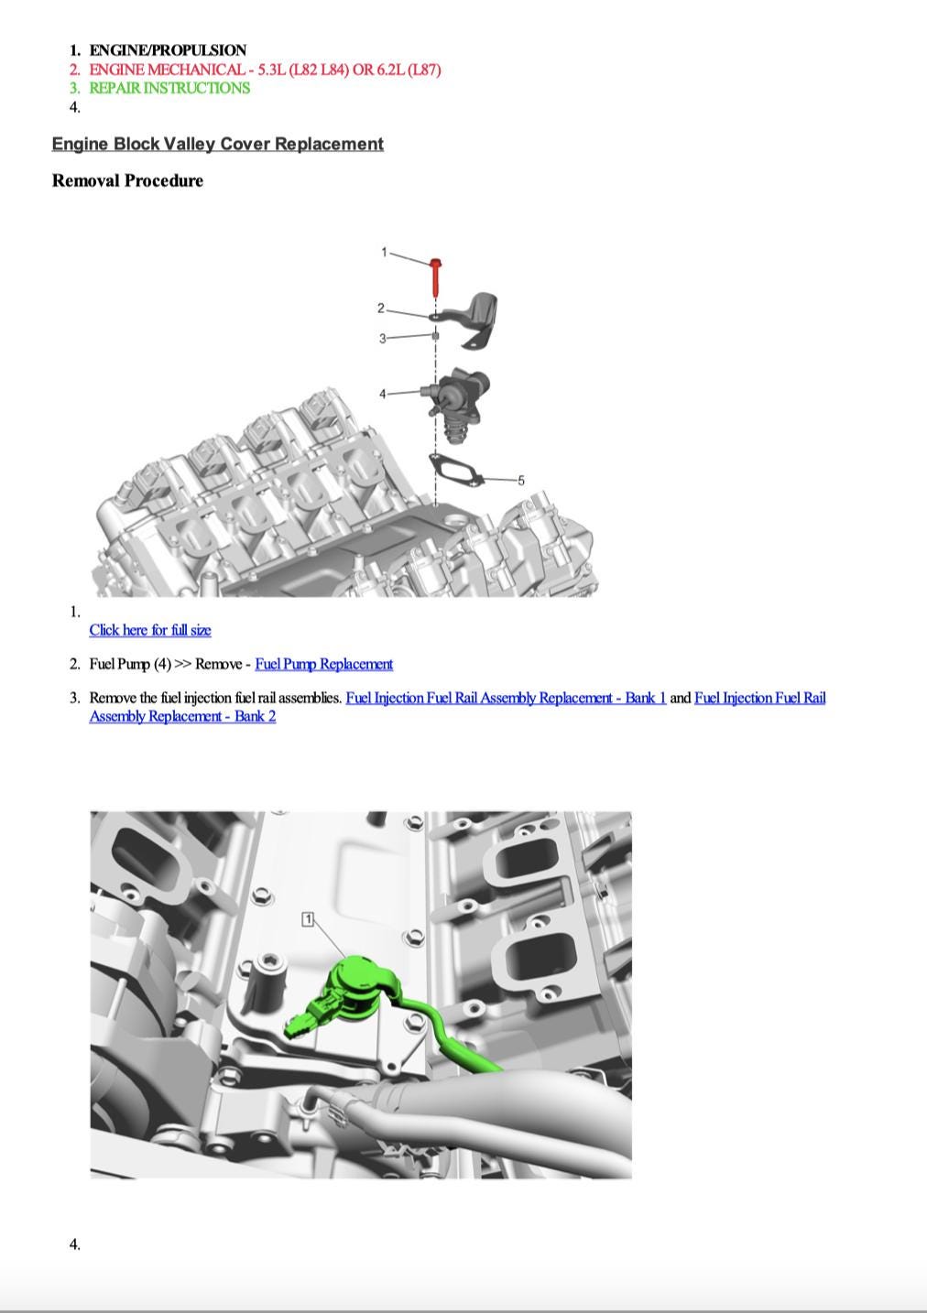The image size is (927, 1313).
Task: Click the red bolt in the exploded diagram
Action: pos(436,277)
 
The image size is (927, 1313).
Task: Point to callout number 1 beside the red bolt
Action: pos(384,252)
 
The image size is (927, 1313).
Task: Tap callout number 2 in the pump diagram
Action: pos(381,309)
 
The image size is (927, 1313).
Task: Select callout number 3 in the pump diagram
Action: pos(382,339)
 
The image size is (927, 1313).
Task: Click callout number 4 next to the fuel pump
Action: pos(382,394)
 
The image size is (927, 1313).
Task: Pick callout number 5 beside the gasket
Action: pos(521,481)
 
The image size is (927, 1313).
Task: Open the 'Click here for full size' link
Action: pos(150,630)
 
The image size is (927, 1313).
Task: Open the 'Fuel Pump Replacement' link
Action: pos(323,664)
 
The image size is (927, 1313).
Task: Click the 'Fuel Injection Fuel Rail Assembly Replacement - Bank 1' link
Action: pos(506,698)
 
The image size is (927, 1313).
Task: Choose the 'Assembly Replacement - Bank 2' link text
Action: pos(182,716)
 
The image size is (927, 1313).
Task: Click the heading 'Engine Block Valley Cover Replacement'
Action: pos(217,144)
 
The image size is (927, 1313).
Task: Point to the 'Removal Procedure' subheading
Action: pos(127,180)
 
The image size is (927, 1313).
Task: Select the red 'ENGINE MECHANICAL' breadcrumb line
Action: pos(265,70)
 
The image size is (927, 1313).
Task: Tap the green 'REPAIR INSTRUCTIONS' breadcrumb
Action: pos(169,88)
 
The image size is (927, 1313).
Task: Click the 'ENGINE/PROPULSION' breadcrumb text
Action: pos(168,50)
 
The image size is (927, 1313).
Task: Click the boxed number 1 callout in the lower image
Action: pos(308,919)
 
